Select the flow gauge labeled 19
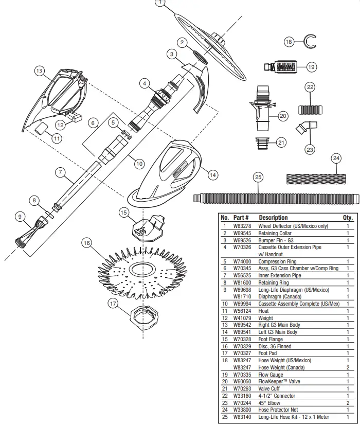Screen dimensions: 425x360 pyautogui.click(x=284, y=67)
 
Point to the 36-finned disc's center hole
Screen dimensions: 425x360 pyautogui.click(x=140, y=270)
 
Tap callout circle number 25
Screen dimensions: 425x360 pyautogui.click(x=258, y=178)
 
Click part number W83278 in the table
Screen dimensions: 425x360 pyautogui.click(x=242, y=226)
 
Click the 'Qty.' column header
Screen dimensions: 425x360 pyautogui.click(x=348, y=218)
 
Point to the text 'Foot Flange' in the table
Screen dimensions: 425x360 pyautogui.click(x=271, y=340)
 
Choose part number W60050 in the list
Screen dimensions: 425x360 pyautogui.click(x=242, y=382)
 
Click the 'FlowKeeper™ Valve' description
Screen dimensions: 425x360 pyautogui.click(x=279, y=382)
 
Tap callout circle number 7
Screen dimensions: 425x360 pyautogui.click(x=61, y=173)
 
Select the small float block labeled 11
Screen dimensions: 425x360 pyautogui.click(x=41, y=127)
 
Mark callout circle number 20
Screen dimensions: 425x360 pyautogui.click(x=282, y=116)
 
